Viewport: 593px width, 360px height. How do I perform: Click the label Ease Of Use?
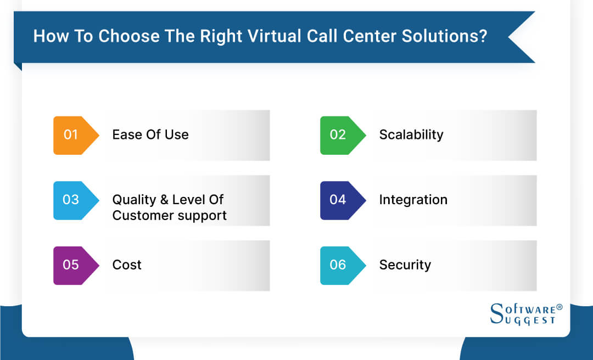[x=150, y=135]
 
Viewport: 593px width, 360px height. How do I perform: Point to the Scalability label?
[x=411, y=135]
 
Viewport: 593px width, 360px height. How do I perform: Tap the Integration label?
[x=413, y=200]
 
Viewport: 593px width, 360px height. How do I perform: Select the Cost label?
[x=127, y=265]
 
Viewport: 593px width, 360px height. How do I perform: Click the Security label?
[x=405, y=265]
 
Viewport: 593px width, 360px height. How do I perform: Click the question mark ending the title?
[x=483, y=36]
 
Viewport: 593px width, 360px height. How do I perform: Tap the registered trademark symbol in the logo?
[x=560, y=307]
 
